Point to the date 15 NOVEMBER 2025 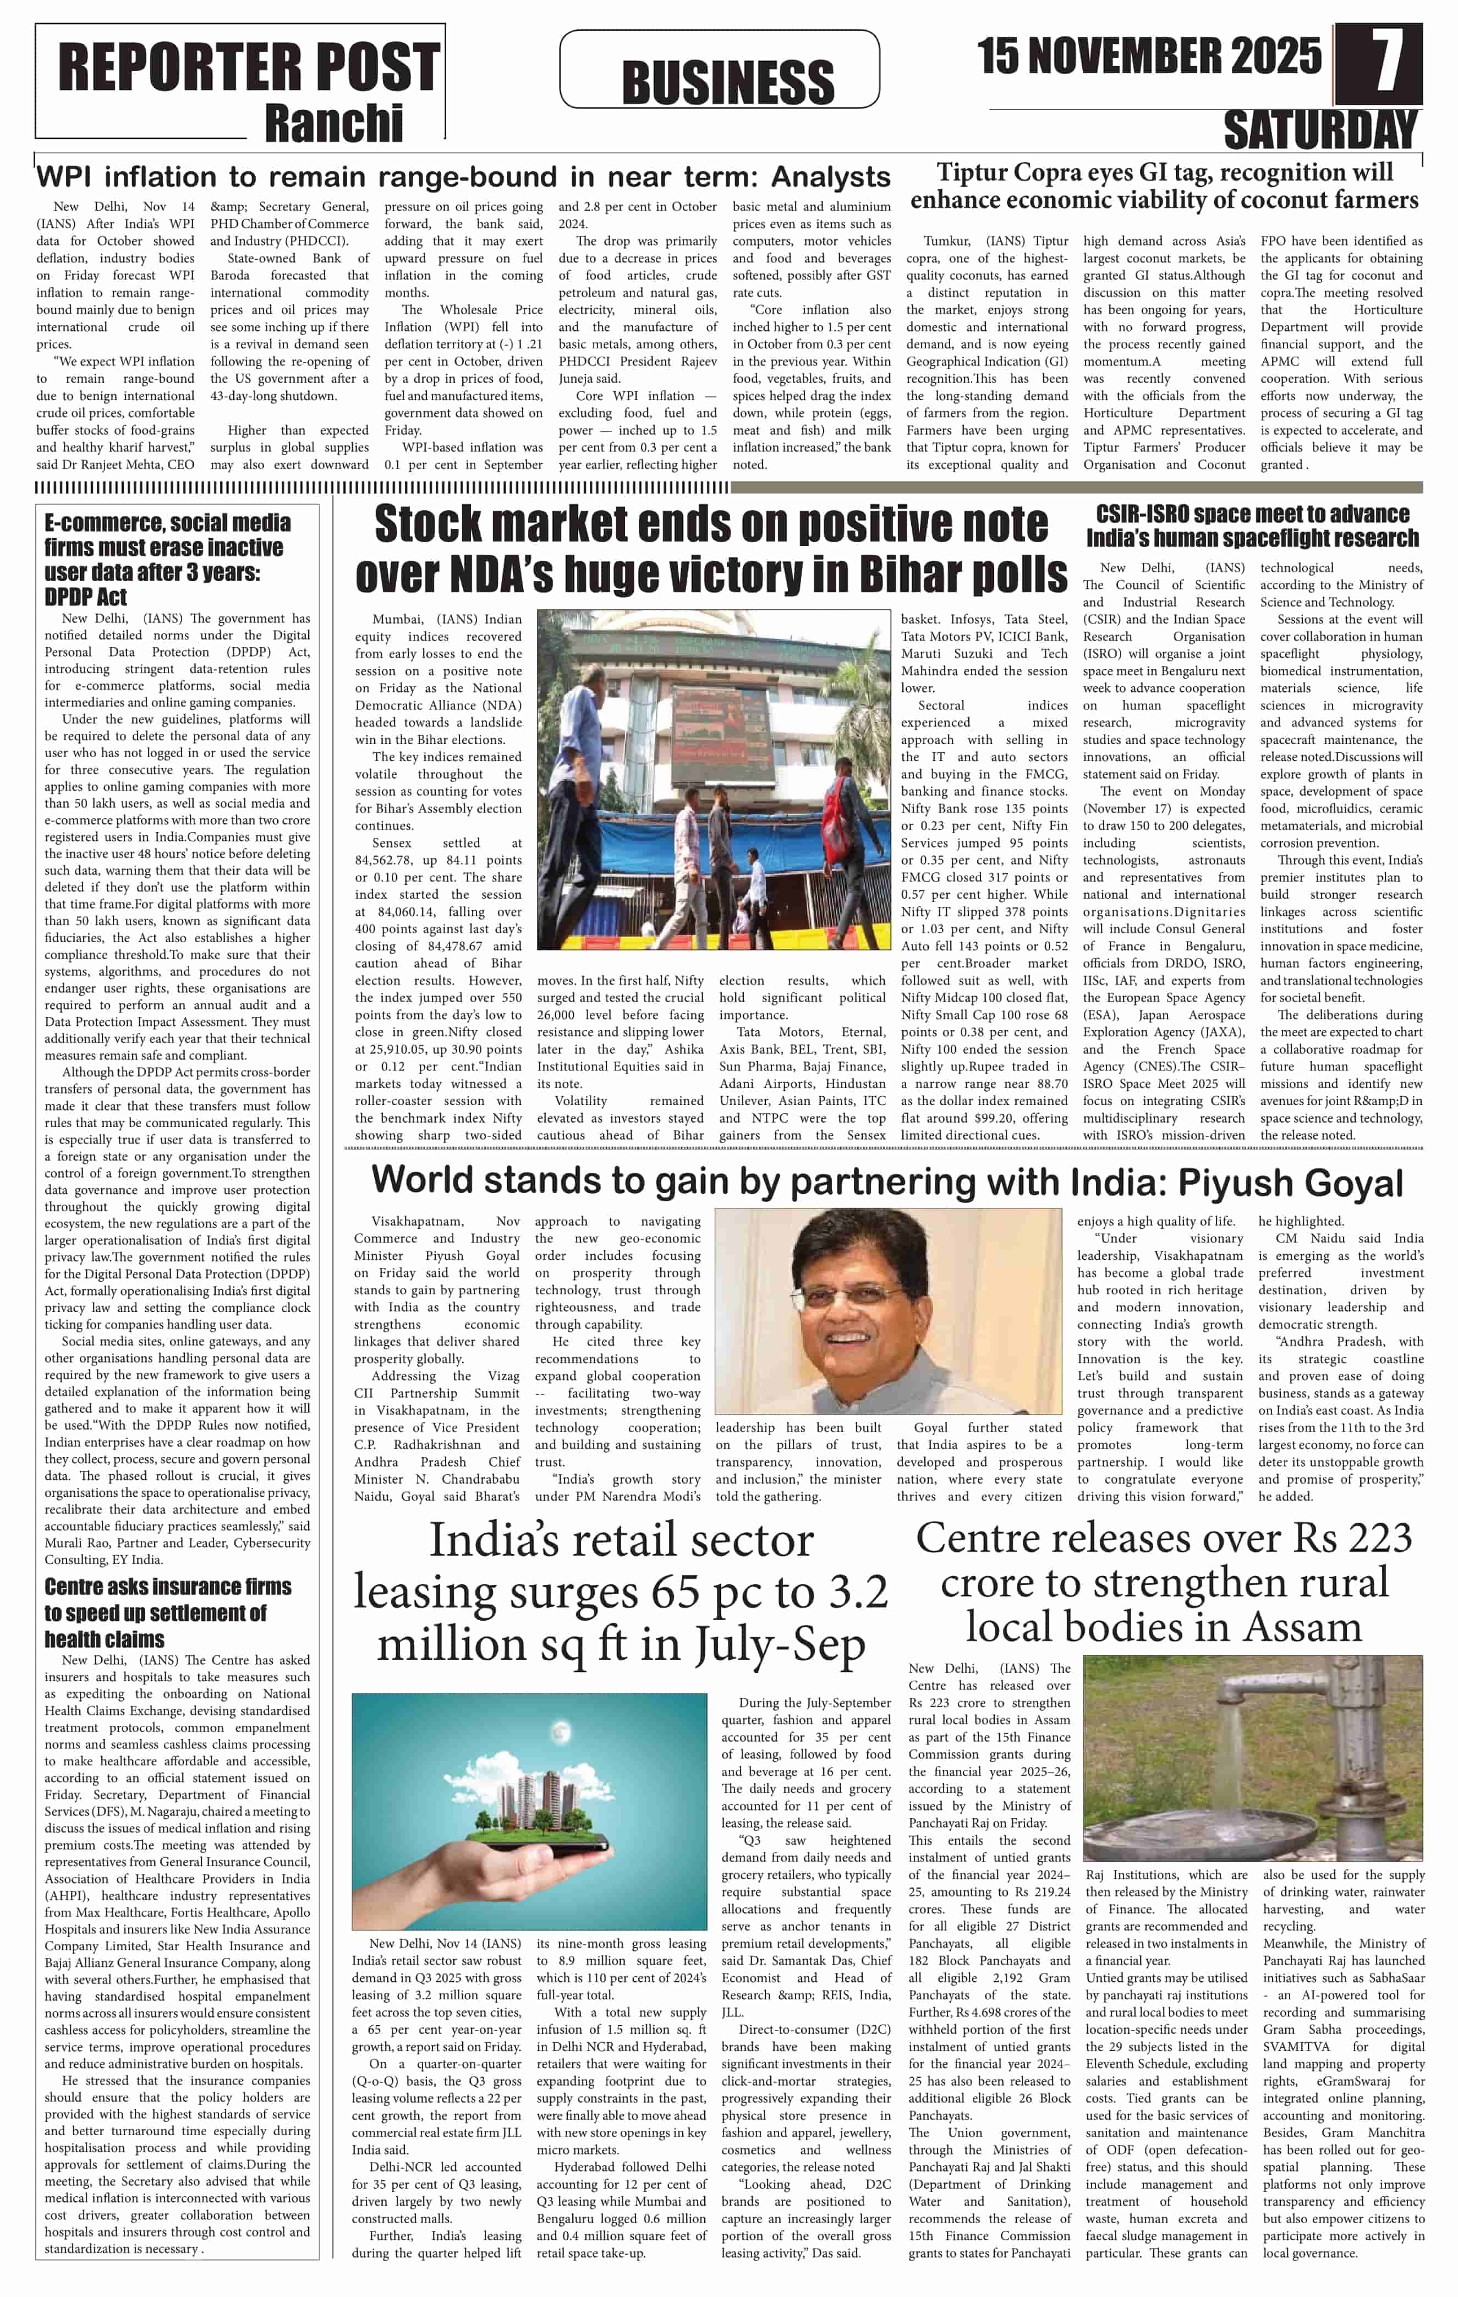tap(1149, 57)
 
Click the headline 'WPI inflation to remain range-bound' tap(463, 177)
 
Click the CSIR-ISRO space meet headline tap(1252, 526)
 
